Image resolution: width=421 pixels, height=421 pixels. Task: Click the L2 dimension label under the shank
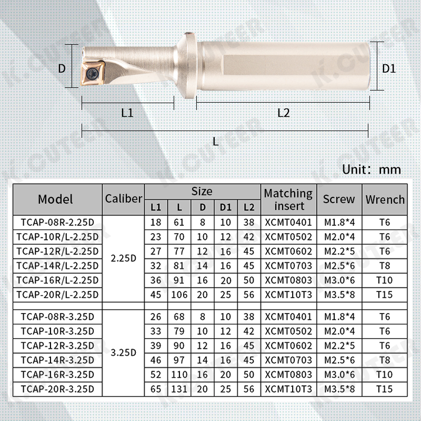pos(284,113)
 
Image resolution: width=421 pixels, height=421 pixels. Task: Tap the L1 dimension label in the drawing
pos(127,113)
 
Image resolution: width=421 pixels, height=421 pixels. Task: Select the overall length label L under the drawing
pos(216,141)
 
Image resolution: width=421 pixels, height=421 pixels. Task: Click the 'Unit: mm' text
pos(372,169)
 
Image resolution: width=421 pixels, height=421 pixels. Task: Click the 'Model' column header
pos(56,199)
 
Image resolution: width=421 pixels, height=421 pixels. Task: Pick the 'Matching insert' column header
pos(288,199)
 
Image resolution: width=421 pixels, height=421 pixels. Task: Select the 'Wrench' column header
pos(385,199)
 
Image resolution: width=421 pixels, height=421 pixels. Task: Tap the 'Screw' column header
pos(339,199)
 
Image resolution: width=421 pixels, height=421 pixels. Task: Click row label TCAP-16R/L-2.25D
pos(56,279)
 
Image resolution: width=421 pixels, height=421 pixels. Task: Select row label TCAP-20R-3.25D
pos(56,388)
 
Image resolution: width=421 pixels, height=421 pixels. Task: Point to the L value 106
pos(179,294)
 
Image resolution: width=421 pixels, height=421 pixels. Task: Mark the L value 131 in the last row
pos(179,388)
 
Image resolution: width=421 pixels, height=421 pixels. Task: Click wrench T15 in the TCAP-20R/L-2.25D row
pos(385,294)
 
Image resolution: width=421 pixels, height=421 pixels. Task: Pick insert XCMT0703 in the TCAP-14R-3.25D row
pos(288,359)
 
